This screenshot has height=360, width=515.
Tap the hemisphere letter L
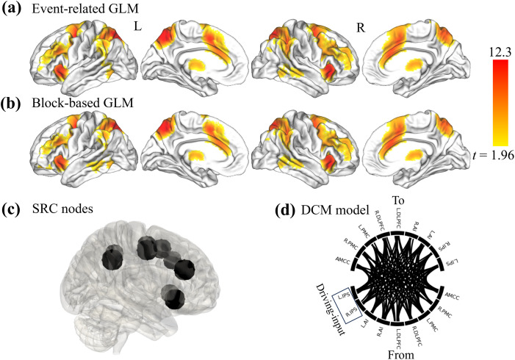(137, 26)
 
